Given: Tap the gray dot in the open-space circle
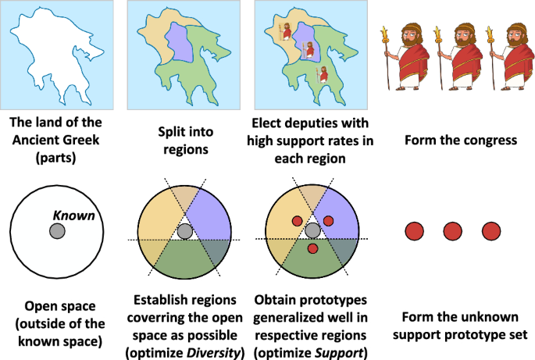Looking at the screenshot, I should pos(56,231).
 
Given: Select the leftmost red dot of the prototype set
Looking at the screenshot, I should pos(415,231).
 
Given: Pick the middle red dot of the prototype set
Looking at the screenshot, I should pos(453,231).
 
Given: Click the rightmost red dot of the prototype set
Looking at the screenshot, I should pos(490,231).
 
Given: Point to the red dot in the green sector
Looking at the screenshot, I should pos(312,248).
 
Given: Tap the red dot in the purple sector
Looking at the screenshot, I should pos(328,221).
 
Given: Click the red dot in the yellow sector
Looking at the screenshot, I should pos(297,221).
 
